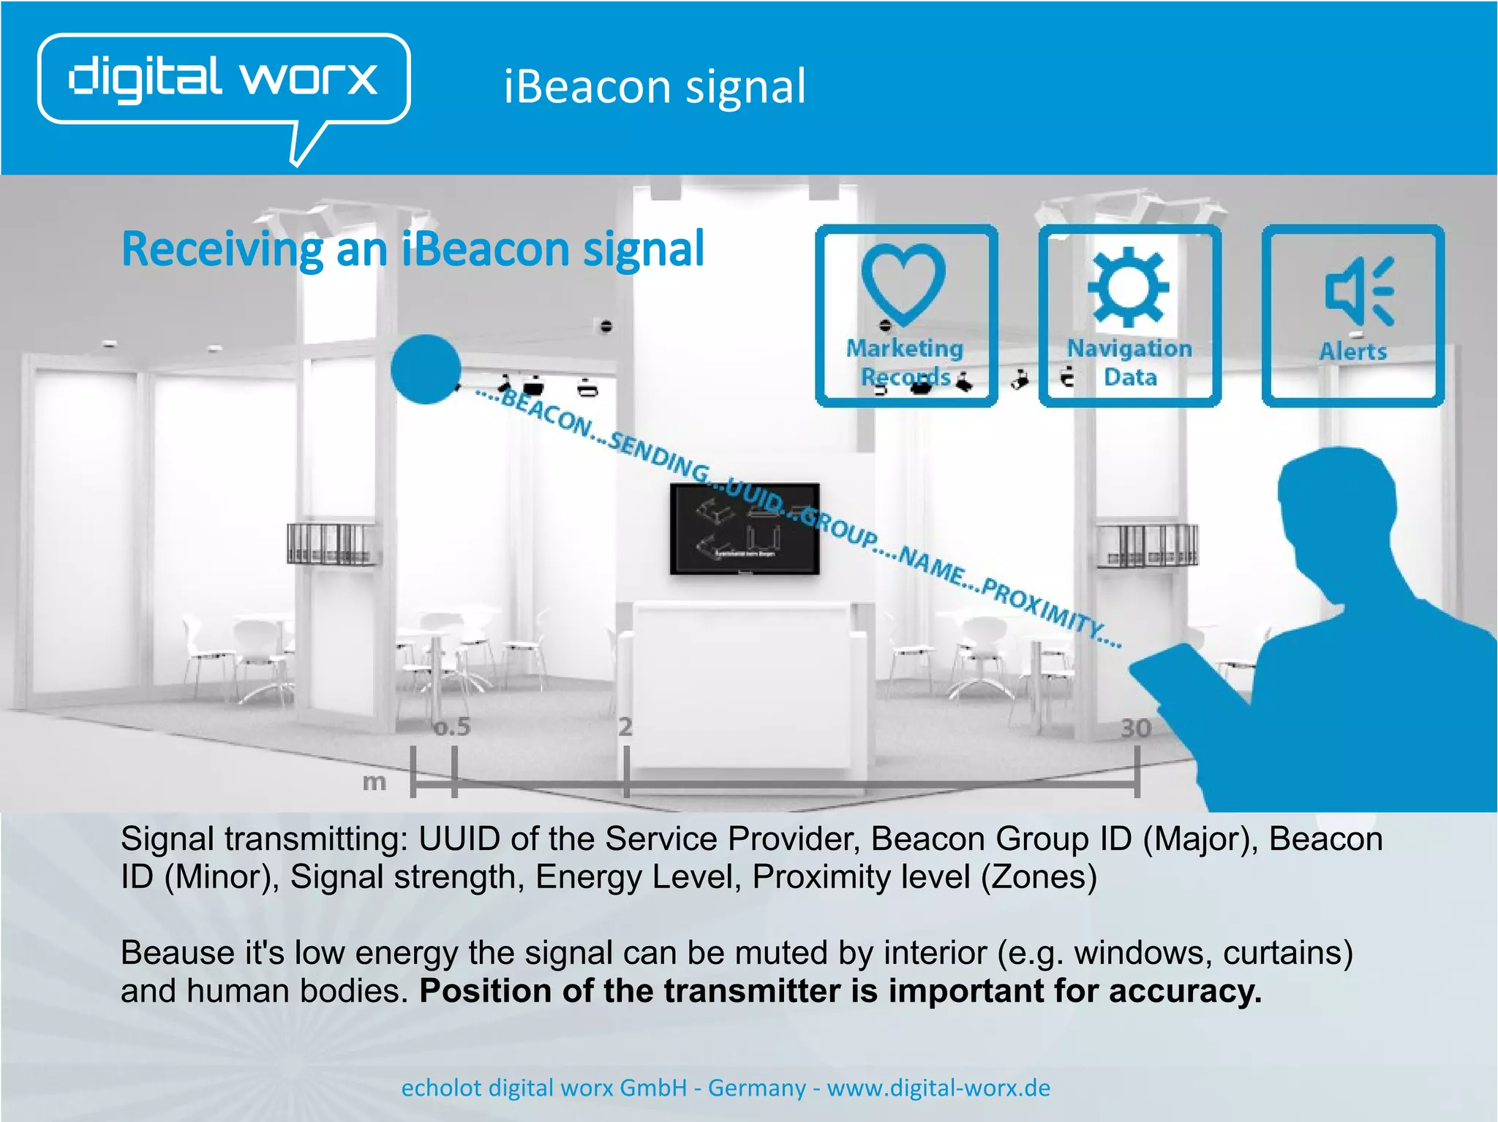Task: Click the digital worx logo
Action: (223, 79)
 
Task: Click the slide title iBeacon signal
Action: (655, 86)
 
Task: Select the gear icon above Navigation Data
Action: (1128, 287)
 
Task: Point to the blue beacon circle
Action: (426, 369)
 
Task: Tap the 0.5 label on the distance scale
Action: (452, 727)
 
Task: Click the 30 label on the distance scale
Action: (1136, 727)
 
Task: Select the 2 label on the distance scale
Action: (625, 727)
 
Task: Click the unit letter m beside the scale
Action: (374, 782)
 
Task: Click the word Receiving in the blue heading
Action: (222, 250)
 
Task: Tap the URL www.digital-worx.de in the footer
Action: (938, 1088)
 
